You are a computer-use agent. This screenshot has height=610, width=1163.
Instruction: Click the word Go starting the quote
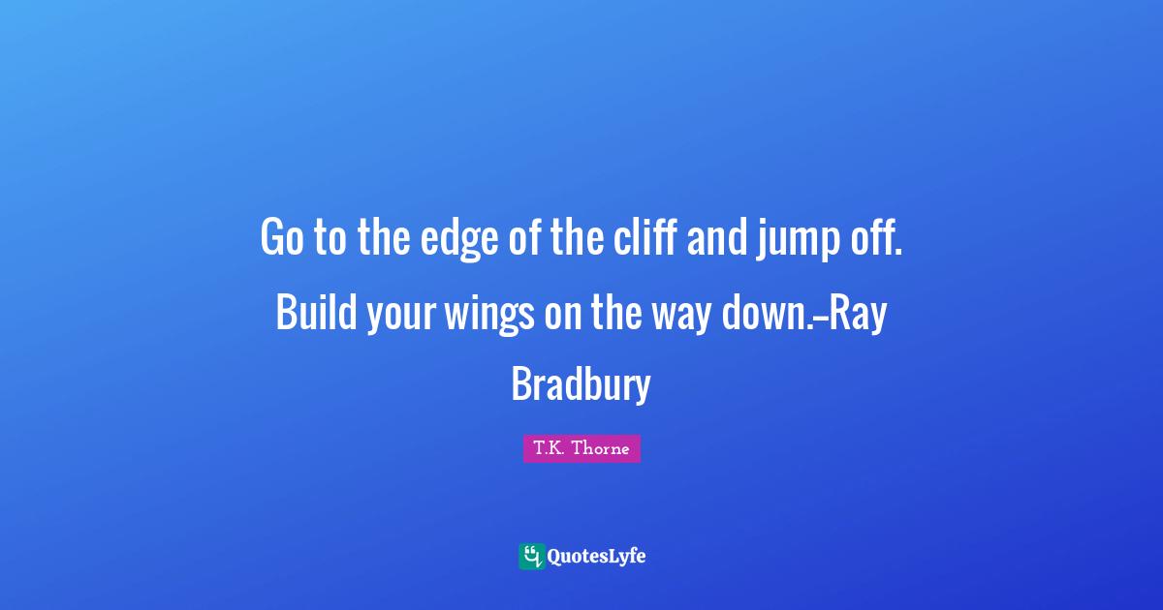(280, 238)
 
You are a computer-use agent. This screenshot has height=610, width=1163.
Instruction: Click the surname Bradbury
(581, 384)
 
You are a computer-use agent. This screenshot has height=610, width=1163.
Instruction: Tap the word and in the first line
(719, 238)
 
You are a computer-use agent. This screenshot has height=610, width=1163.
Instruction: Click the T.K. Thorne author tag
(581, 448)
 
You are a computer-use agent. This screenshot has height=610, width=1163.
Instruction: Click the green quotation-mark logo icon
(531, 556)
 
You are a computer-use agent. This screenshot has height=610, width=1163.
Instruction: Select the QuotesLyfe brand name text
(596, 557)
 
